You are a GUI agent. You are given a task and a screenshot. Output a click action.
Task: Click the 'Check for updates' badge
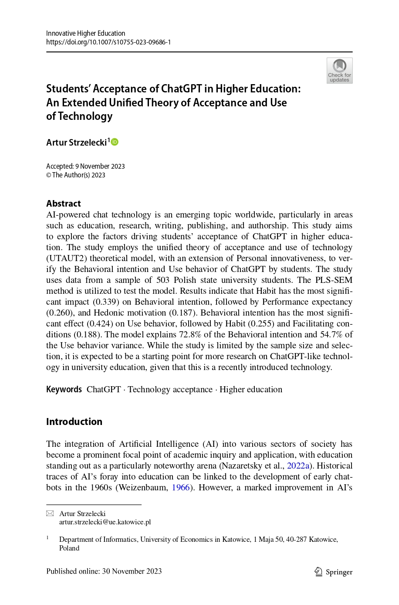[x=339, y=71]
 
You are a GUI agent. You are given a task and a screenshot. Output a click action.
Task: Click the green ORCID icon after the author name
[x=115, y=142]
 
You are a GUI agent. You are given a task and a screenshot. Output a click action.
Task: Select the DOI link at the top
[x=108, y=42]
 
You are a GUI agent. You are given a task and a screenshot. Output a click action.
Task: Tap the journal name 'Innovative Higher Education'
[x=86, y=33]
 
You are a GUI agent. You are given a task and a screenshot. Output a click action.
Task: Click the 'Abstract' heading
[x=64, y=204]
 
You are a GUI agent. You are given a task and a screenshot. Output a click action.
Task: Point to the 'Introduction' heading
[x=74, y=421]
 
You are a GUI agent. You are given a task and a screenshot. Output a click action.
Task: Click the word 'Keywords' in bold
[x=64, y=389]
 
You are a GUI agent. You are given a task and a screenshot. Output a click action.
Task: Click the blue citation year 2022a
[x=298, y=466]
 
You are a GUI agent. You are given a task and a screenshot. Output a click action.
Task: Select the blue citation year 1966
[x=181, y=487]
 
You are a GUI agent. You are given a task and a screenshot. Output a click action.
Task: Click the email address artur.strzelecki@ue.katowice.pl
[x=105, y=522]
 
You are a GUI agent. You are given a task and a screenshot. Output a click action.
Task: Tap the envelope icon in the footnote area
[x=50, y=513]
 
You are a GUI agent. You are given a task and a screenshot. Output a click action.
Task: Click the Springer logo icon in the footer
[x=318, y=571]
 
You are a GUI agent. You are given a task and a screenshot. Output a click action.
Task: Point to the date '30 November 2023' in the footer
[x=132, y=571]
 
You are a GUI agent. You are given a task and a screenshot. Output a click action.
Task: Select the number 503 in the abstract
[x=163, y=280]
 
